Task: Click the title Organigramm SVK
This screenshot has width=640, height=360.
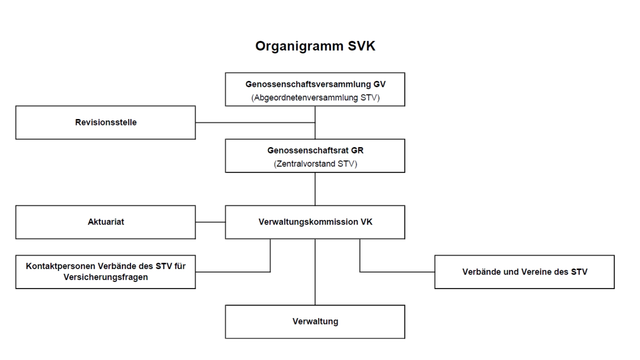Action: tap(315, 46)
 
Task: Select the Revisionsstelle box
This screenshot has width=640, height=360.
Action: tap(105, 122)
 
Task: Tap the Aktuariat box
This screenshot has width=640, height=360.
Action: tap(105, 222)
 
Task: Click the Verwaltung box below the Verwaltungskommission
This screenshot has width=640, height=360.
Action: tap(315, 321)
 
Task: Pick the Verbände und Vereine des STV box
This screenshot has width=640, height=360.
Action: tap(524, 272)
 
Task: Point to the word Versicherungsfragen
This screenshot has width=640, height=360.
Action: tap(105, 277)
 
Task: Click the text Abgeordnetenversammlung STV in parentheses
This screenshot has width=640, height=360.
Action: tap(315, 97)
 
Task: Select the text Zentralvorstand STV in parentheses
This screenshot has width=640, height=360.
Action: tap(315, 164)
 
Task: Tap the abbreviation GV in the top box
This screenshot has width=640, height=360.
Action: tap(379, 84)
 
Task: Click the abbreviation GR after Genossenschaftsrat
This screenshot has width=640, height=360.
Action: tap(357, 150)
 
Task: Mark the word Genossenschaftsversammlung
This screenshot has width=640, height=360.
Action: tap(308, 84)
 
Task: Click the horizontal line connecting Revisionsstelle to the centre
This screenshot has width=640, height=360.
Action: tap(255, 122)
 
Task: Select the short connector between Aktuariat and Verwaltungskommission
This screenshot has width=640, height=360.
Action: tap(210, 222)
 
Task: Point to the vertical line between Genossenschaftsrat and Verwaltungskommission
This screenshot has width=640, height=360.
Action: tap(315, 189)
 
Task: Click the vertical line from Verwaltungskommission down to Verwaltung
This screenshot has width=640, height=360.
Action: tap(315, 272)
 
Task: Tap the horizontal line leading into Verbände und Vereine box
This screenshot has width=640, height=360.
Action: tap(397, 271)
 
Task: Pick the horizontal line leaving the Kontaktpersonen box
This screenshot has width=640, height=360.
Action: tap(233, 271)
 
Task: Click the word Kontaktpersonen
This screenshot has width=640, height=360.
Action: tap(60, 266)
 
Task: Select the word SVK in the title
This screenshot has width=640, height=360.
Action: tap(361, 46)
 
